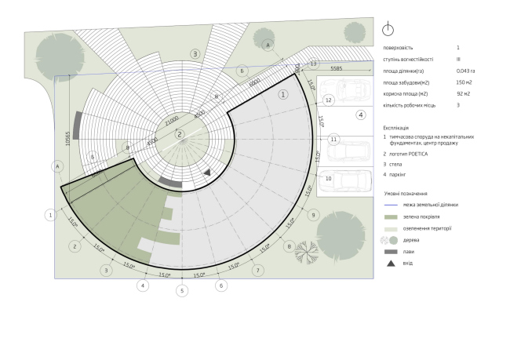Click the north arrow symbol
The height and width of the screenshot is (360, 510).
click(x=386, y=29)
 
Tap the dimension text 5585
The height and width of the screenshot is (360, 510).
click(x=336, y=68)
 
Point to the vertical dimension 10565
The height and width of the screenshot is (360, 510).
click(x=68, y=139)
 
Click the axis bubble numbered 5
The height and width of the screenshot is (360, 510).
click(x=182, y=291)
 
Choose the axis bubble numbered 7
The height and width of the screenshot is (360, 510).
click(x=257, y=271)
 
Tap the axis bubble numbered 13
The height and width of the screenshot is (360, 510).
click(x=313, y=63)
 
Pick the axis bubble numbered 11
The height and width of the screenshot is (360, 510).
click(x=333, y=140)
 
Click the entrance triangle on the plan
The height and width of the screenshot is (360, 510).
click(x=207, y=171)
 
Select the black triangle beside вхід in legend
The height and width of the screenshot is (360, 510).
click(x=391, y=263)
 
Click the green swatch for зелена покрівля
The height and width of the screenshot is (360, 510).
click(x=391, y=216)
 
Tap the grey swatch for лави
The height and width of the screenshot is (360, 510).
click(x=391, y=251)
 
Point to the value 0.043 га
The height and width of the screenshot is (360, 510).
click(x=466, y=70)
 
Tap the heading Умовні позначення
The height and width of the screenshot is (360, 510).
click(x=406, y=192)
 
